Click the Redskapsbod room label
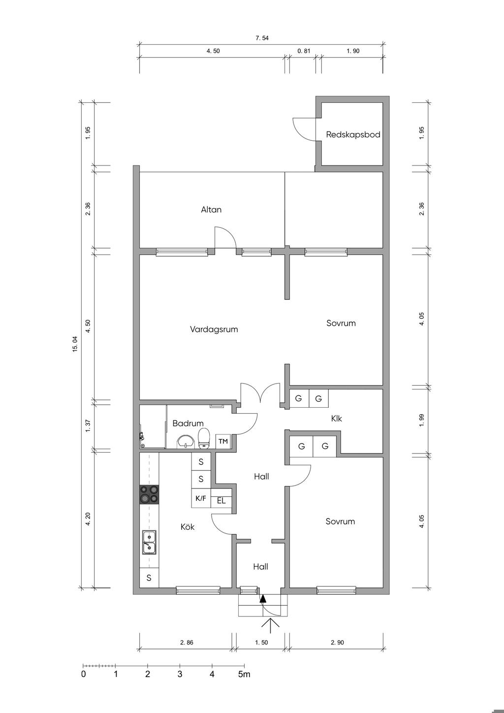[353, 134]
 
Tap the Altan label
[211, 209]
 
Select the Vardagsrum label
[214, 329]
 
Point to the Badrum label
[188, 423]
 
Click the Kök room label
[188, 527]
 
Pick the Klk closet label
[336, 418]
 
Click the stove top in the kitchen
[149, 495]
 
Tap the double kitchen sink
[149, 543]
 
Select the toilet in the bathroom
[204, 438]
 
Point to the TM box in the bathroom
[223, 441]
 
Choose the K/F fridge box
[200, 498]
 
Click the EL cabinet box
[221, 501]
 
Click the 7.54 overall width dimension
[262, 38]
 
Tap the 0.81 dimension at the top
[304, 51]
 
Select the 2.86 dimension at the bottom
[187, 642]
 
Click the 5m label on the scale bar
[244, 674]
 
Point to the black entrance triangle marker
[263, 599]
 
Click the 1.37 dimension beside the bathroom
[88, 425]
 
